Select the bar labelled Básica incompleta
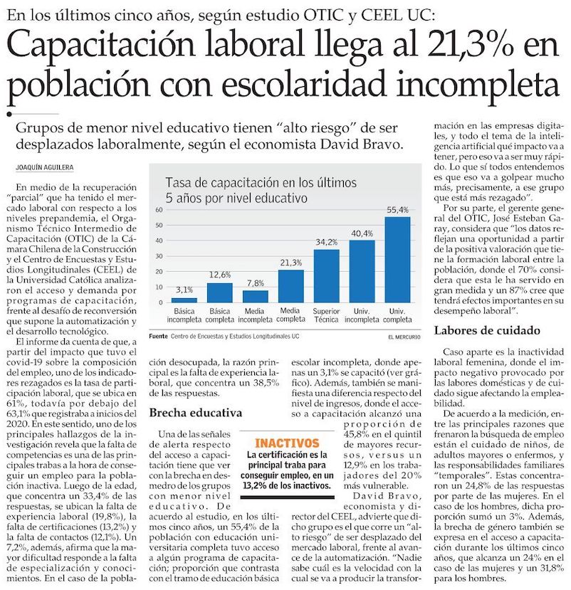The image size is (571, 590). (184, 300)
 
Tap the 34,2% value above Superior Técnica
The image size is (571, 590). (327, 242)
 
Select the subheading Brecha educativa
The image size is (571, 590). (196, 412)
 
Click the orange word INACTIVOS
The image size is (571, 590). (286, 443)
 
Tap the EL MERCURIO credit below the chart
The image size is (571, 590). (404, 336)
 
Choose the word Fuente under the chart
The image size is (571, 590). (158, 336)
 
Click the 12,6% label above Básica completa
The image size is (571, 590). (219, 275)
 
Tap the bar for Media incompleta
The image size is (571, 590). (255, 296)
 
